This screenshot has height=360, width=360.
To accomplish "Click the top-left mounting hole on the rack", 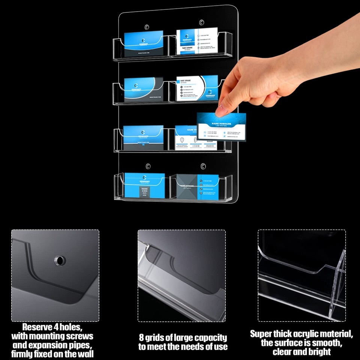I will (x=147, y=27).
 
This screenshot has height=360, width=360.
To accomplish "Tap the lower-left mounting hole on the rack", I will (x=148, y=166).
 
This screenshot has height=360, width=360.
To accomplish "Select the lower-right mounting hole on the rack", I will (x=203, y=166).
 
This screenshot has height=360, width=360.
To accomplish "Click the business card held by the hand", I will (x=221, y=127).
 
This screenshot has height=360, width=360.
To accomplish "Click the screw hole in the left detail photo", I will (x=59, y=259).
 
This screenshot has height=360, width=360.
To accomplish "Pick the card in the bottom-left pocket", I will (x=144, y=185).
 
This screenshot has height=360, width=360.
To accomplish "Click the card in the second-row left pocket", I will (x=143, y=90).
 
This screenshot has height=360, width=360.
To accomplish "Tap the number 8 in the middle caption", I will (x=142, y=337).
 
